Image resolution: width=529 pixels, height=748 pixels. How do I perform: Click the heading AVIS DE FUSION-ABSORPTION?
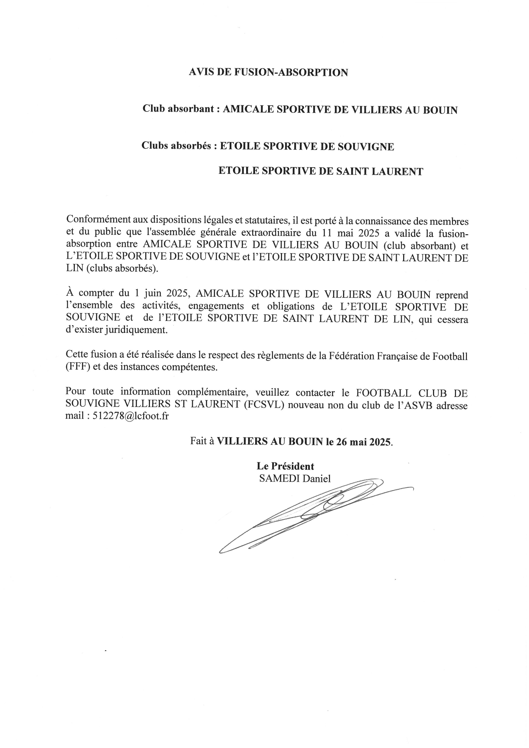click(x=268, y=72)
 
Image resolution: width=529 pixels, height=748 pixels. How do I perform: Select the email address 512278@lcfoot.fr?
click(x=131, y=416)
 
